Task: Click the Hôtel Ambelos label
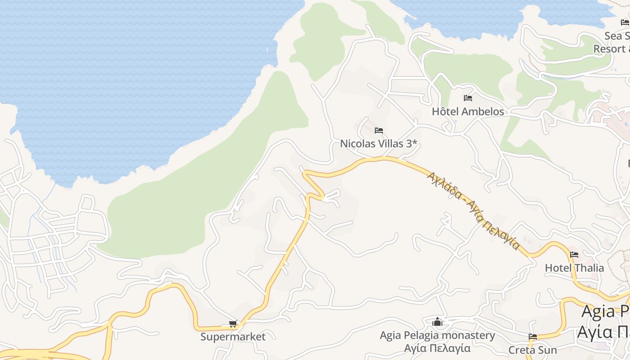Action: [468, 111]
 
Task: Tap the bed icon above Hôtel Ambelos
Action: [468, 98]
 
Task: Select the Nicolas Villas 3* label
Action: [379, 144]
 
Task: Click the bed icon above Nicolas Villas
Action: [379, 130]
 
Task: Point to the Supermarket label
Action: [233, 337]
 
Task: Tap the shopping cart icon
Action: [233, 324]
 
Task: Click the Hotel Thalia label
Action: [574, 268]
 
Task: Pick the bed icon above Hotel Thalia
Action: [574, 255]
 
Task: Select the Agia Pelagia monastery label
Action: [437, 335]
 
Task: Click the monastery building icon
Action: [437, 322]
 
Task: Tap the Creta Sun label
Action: [532, 350]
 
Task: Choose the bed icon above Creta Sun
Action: [533, 337]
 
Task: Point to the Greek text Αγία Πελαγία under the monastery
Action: [437, 348]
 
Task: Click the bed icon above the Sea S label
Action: [625, 22]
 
